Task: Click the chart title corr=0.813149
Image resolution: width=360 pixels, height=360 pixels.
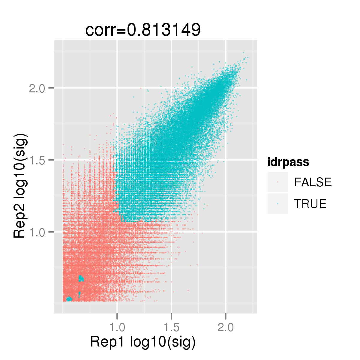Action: (x=143, y=30)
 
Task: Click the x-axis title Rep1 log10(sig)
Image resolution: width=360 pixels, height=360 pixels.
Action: (x=143, y=342)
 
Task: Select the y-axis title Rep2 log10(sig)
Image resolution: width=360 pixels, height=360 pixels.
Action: (x=20, y=186)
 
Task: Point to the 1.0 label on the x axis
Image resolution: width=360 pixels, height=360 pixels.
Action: (x=117, y=327)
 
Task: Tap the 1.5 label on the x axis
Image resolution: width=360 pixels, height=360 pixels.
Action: (x=171, y=327)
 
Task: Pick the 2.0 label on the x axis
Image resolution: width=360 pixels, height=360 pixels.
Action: (x=226, y=327)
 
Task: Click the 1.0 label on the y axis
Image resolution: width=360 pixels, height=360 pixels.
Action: (x=37, y=232)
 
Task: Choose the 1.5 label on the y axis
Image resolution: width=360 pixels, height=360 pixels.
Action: (x=37, y=160)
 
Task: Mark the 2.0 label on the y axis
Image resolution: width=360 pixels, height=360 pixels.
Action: (x=37, y=88)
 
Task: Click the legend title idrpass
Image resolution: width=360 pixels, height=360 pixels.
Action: (x=288, y=162)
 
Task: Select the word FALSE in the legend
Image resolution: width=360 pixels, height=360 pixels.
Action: (x=313, y=182)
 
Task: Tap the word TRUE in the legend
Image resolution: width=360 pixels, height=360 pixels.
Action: (x=310, y=204)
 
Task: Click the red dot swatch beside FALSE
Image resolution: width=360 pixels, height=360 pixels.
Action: (x=278, y=182)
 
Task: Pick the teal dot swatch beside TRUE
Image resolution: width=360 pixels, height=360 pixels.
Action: (x=278, y=204)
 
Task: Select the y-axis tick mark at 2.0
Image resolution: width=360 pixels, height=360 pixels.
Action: (x=51, y=88)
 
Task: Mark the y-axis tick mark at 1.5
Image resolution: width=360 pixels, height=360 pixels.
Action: (x=51, y=160)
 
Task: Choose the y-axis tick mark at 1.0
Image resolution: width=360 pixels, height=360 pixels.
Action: (x=51, y=232)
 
